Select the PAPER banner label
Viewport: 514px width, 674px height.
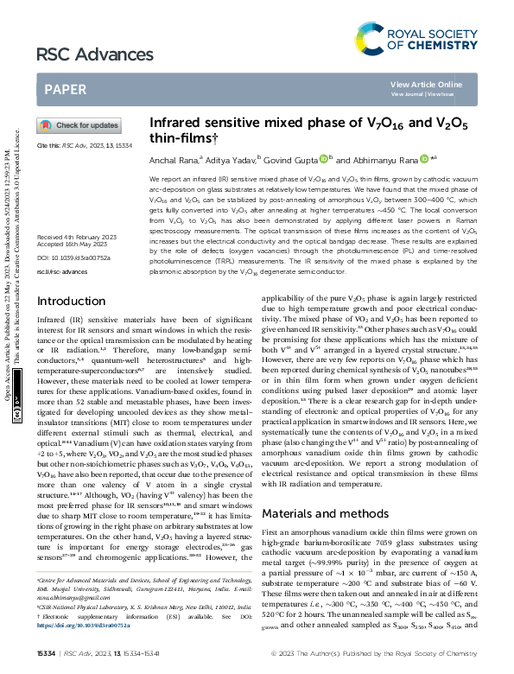tap(65, 89)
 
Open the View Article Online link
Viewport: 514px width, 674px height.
tap(426, 84)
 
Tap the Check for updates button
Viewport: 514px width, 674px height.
tap(79, 125)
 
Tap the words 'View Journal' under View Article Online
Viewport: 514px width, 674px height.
tap(409, 93)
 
